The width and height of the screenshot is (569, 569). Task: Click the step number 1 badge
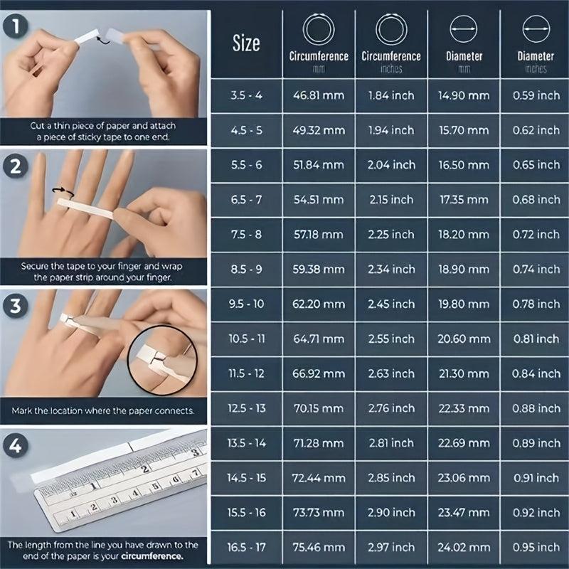coord(15,26)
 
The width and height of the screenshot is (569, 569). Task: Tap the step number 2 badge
coord(15,166)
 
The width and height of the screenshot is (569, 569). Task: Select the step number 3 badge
coord(15,306)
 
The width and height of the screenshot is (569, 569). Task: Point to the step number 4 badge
coord(15,445)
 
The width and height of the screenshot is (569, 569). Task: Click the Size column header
coord(246,43)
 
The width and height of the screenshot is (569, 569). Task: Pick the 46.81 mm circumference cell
coord(319,95)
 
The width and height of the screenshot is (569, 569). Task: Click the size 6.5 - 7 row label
coord(246,200)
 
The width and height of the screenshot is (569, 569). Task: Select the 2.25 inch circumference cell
coord(391,235)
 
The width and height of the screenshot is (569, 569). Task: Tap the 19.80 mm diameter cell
coord(464,304)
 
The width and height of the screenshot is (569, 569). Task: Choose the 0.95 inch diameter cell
coord(536,547)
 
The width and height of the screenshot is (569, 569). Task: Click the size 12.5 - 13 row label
coord(246,408)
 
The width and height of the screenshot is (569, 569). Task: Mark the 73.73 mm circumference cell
coord(319,512)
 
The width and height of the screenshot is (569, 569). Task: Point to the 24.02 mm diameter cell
coord(464,547)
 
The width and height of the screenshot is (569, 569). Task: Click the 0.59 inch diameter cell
coord(536,95)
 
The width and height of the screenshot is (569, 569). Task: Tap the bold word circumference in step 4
coord(152,556)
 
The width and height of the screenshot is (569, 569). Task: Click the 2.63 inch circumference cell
coord(391,373)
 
